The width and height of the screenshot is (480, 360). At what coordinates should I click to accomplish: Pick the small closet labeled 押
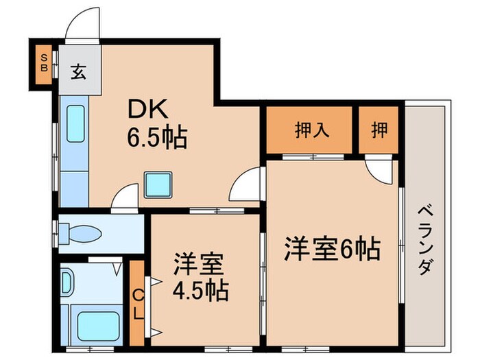pyautogui.click(x=378, y=130)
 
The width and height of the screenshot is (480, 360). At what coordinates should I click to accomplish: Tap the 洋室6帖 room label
pyautogui.click(x=333, y=248)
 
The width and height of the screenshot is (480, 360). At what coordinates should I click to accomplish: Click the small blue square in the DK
pyautogui.click(x=157, y=183)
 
